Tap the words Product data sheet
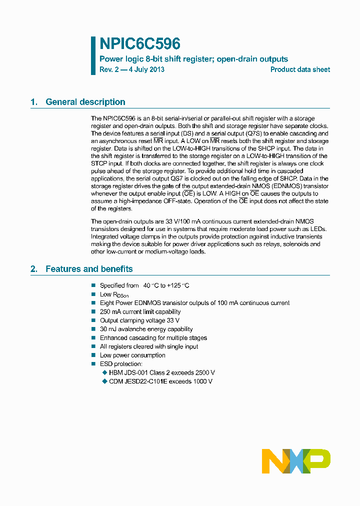[x=300, y=69]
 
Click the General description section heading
[x=85, y=102]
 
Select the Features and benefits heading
[x=89, y=269]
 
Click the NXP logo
[x=296, y=461]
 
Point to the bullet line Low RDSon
[x=113, y=294]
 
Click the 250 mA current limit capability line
[x=140, y=312]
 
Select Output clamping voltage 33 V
[x=139, y=320]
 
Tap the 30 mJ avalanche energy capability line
[x=146, y=329]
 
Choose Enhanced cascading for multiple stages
[x=153, y=338]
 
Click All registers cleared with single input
[x=149, y=346]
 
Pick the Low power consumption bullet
[x=132, y=355]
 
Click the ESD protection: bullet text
[x=121, y=364]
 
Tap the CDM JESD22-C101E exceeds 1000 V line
[x=160, y=381]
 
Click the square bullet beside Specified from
[x=93, y=285]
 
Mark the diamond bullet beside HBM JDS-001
[x=104, y=373]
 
